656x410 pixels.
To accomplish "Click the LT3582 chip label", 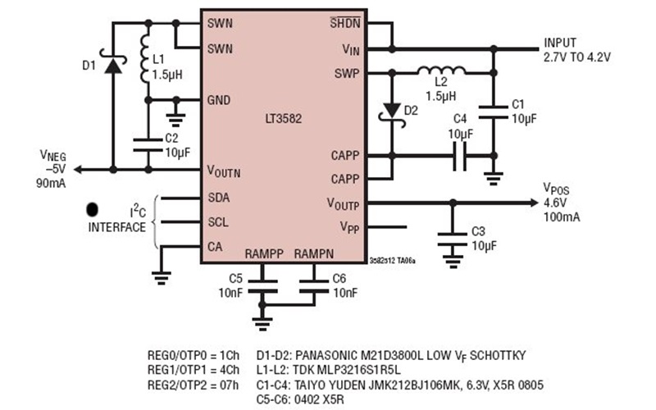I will pos(283,118).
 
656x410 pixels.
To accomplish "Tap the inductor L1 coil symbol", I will pos(147,58).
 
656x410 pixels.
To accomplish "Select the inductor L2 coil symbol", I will pos(442,72).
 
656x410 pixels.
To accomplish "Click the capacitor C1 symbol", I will pos(494,111).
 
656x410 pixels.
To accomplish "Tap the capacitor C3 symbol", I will pos(449,237).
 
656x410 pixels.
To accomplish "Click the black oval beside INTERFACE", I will pos(93,210).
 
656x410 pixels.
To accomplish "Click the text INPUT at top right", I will pos(560,43).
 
